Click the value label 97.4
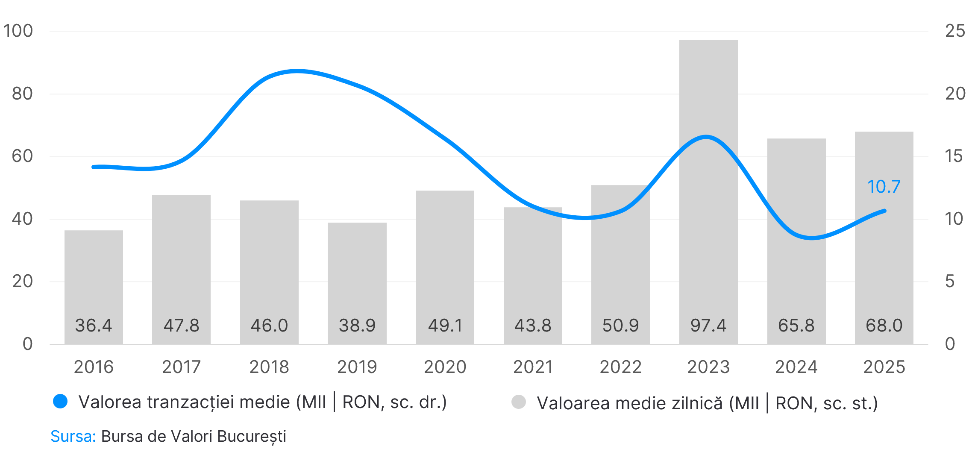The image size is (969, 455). tap(708, 326)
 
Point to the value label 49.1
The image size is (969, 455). tap(445, 326)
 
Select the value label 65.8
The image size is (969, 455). tap(796, 326)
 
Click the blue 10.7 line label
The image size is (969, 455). tap(884, 187)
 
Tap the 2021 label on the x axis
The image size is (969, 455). tap(533, 367)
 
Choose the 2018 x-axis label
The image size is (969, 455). tap(269, 367)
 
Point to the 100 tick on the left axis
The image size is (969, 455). tap(18, 31)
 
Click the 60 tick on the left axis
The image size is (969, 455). tap(22, 156)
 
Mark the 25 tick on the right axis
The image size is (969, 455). tap(955, 31)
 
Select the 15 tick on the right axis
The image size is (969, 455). tap(955, 156)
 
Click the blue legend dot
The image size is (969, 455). tap(60, 402)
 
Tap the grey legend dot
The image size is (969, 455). tap(519, 402)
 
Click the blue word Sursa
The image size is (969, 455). tap(73, 436)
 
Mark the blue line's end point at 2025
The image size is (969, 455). tap(884, 211)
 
